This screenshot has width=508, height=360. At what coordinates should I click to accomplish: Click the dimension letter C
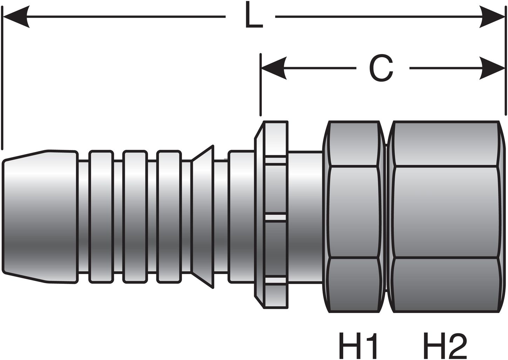coord(381,68)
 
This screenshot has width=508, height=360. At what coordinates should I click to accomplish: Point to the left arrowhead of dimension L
coord(16,16)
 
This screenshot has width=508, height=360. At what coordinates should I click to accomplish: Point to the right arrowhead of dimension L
coord(493,16)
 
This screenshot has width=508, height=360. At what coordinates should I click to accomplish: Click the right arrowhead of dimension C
coord(493,68)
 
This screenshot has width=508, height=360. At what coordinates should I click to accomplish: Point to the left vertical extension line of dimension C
coord(260,84)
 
